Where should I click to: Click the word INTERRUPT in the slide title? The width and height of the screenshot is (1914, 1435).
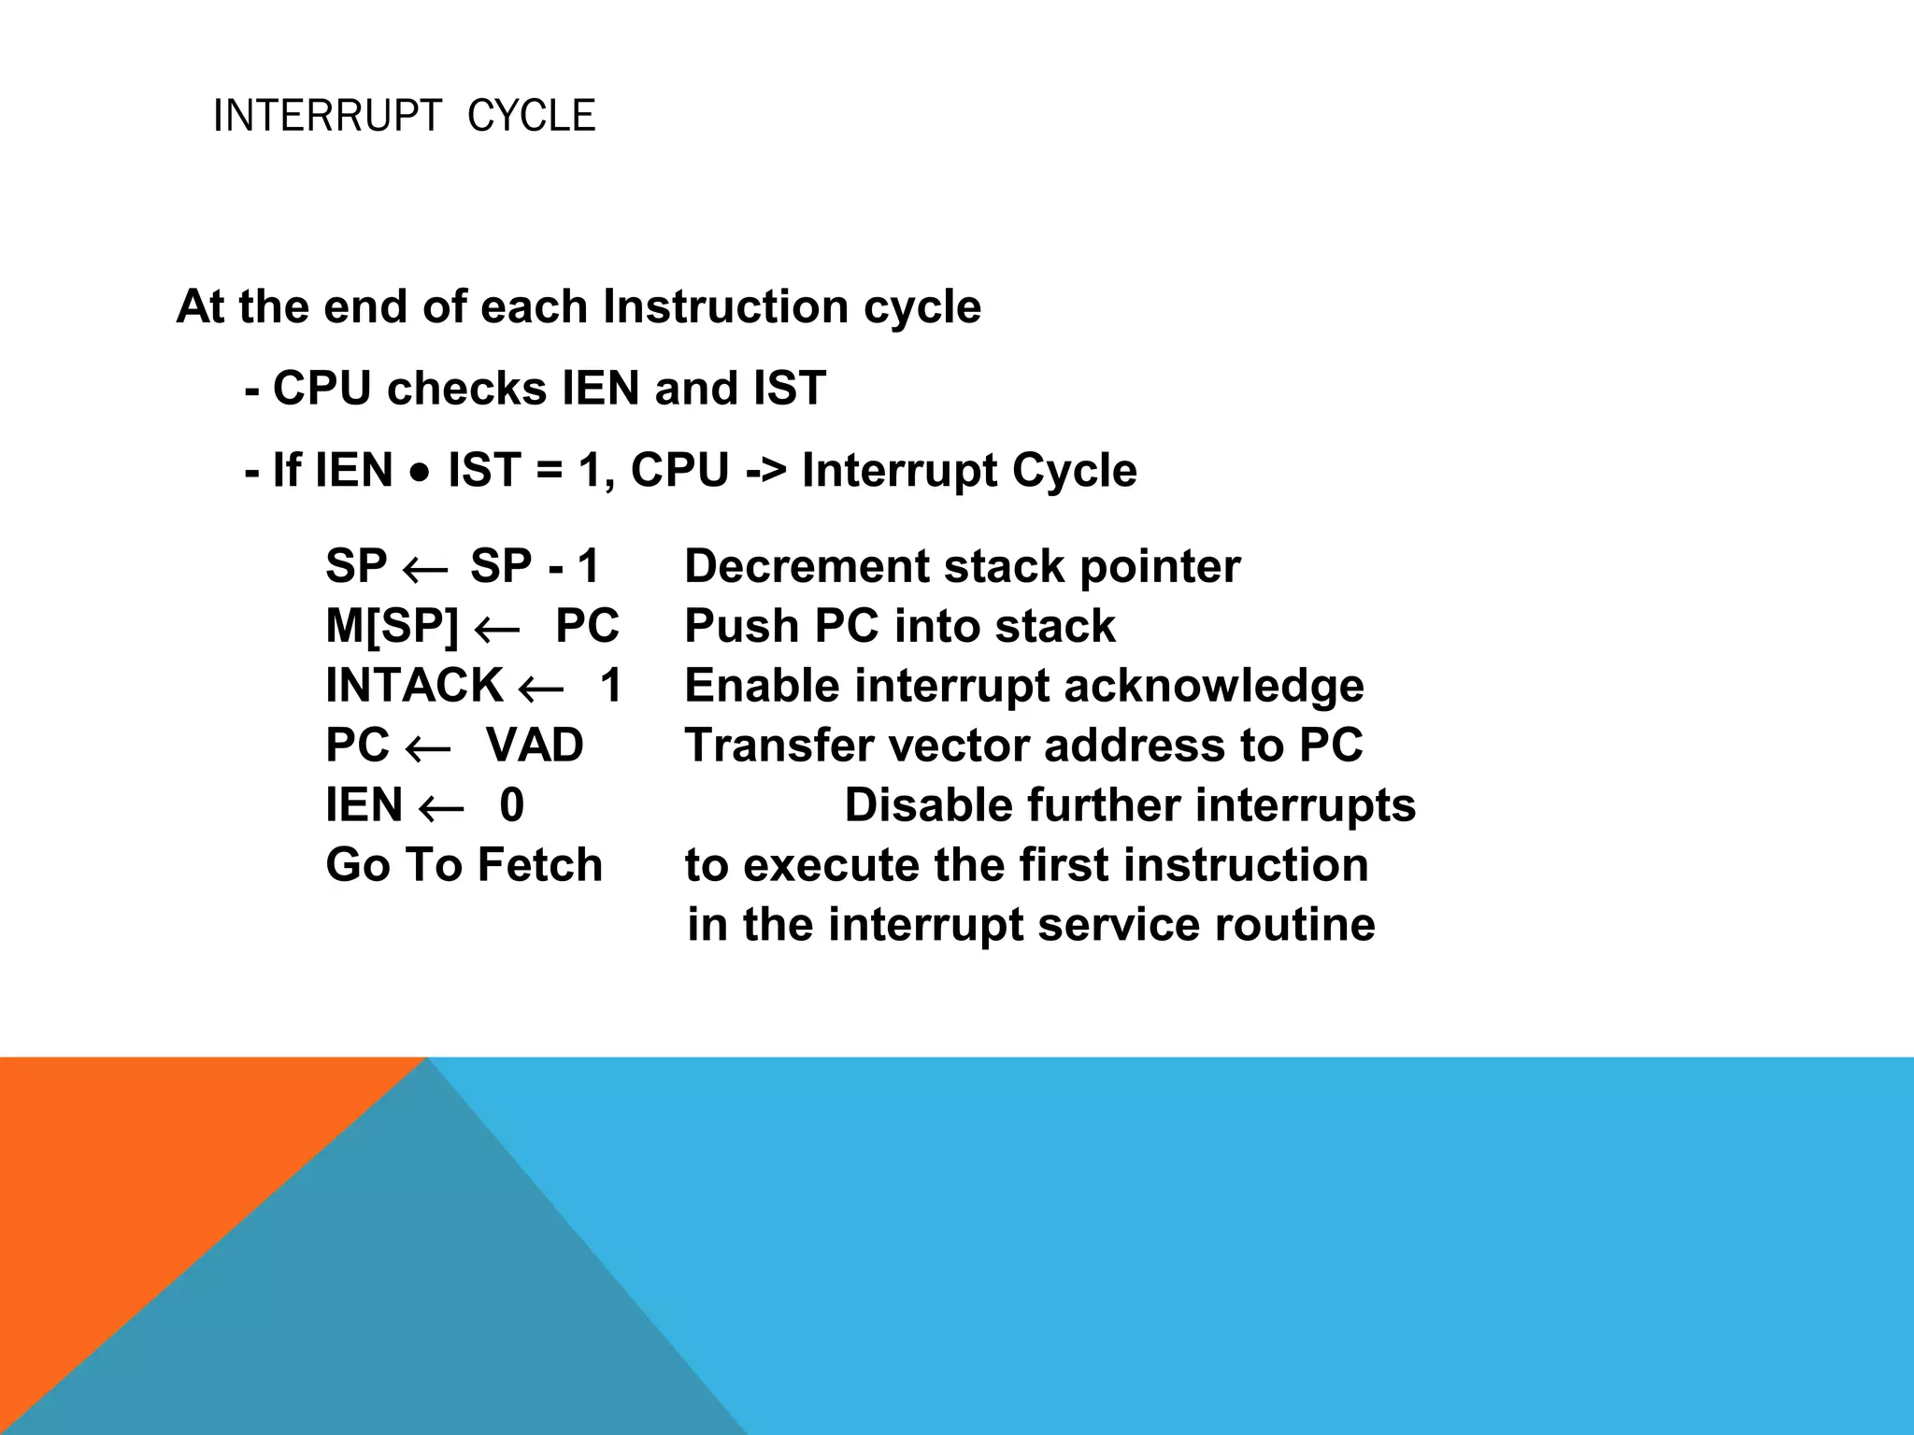click(326, 117)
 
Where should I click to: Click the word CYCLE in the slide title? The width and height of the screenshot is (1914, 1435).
click(530, 117)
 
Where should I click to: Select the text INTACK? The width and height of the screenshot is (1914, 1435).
click(414, 686)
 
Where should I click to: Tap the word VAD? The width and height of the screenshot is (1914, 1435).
click(535, 746)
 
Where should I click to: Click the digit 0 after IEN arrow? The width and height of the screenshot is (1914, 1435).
click(512, 805)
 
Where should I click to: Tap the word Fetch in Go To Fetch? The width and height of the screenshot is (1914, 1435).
click(539, 865)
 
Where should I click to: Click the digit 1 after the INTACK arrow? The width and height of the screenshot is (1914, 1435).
click(610, 686)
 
